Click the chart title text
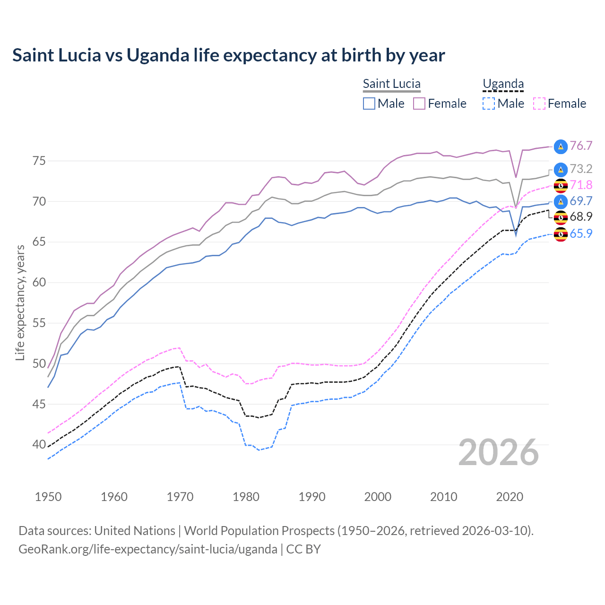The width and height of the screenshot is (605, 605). click(228, 55)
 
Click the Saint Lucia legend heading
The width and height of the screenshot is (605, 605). click(391, 84)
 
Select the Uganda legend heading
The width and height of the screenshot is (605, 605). click(503, 84)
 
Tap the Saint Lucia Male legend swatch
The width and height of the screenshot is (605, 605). click(369, 104)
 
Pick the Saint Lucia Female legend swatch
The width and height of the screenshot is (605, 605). click(419, 104)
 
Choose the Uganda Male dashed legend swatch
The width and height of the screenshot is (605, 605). click(489, 104)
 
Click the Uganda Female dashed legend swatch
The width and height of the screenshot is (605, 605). click(539, 104)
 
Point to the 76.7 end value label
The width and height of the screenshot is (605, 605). click(581, 146)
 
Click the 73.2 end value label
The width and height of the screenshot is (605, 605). click(581, 169)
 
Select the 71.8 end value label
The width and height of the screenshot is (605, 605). click(581, 185)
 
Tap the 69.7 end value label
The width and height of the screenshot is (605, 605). click(581, 201)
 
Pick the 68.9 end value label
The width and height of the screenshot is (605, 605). click(581, 216)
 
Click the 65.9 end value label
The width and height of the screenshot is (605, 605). click(581, 233)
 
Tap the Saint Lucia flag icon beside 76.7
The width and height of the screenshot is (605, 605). click(561, 147)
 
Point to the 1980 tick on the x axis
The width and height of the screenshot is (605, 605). click(246, 497)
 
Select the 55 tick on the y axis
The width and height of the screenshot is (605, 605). click(39, 323)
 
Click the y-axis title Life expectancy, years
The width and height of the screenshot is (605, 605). click(20, 302)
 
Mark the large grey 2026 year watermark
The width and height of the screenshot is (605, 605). click(499, 453)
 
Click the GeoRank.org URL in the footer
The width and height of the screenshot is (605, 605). click(147, 549)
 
